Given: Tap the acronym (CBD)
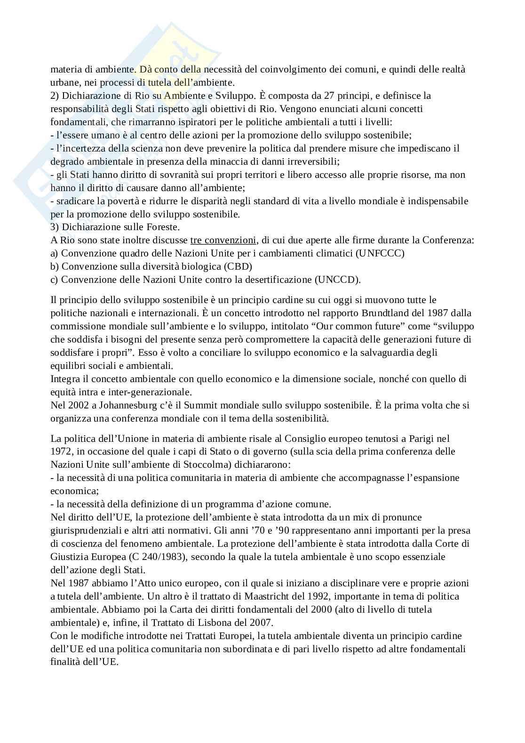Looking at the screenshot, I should click(x=238, y=266).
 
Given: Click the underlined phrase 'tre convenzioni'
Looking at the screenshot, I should click(x=223, y=240).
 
